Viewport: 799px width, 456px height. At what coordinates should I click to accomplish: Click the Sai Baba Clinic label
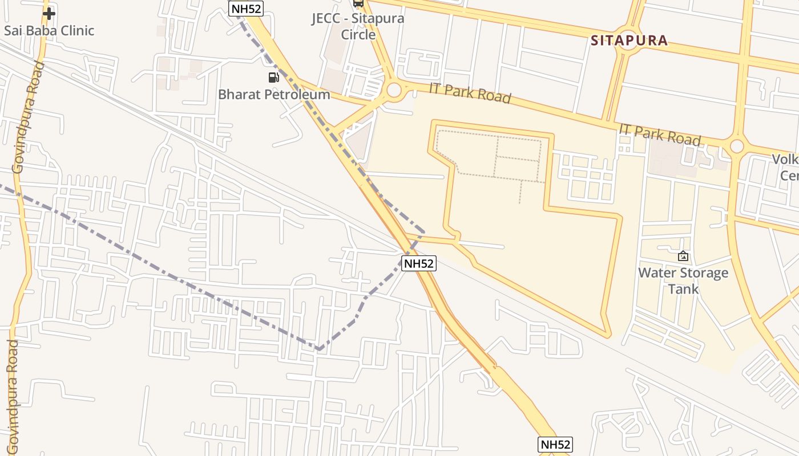click(49, 30)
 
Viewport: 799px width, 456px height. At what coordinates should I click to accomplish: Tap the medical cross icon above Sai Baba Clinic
click(49, 13)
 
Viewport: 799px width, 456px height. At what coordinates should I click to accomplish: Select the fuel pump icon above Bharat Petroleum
click(274, 77)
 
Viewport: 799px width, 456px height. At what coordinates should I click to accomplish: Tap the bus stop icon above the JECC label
click(358, 3)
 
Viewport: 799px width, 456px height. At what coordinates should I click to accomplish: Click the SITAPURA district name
click(629, 40)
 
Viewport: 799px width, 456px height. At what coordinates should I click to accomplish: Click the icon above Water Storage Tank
click(683, 256)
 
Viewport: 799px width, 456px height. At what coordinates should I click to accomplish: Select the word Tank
click(683, 289)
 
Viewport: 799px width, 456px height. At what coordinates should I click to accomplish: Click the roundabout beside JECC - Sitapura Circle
click(394, 89)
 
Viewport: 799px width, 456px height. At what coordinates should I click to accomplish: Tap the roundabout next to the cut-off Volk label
click(737, 146)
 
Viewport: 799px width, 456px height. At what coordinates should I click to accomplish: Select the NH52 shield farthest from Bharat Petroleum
click(555, 445)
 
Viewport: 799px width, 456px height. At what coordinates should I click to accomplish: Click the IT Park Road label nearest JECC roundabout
click(470, 92)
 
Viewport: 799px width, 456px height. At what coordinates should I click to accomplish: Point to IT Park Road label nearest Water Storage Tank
click(660, 135)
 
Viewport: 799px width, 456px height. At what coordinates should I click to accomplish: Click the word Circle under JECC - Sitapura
click(358, 34)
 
